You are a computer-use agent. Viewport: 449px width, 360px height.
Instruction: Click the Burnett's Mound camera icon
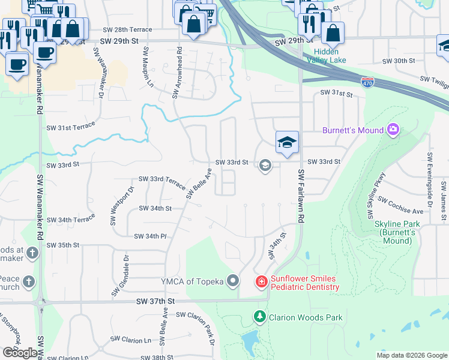click(x=393, y=129)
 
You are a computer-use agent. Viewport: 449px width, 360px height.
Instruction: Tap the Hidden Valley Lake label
click(x=327, y=56)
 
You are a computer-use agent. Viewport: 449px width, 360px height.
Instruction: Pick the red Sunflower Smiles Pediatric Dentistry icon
click(x=261, y=281)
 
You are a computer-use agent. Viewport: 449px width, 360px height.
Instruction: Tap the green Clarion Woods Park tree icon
click(x=259, y=316)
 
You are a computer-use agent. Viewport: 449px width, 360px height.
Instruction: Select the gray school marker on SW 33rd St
click(x=264, y=165)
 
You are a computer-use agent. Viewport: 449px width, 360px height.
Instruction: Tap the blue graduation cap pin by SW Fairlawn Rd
click(x=287, y=143)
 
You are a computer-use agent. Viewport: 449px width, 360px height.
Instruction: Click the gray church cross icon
click(x=31, y=253)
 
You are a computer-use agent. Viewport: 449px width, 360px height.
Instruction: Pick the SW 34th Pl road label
click(x=150, y=236)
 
